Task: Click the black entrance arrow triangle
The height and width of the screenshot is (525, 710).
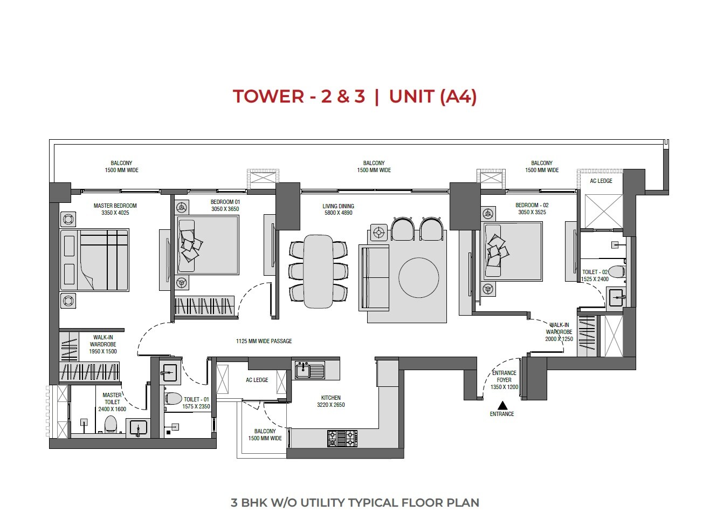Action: point(502,405)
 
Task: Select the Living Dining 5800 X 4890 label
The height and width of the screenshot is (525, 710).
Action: point(337,209)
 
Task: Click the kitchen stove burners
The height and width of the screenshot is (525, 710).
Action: point(342,438)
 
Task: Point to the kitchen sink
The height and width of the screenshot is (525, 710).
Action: point(309,370)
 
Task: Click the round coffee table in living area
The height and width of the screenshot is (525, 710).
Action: point(418,277)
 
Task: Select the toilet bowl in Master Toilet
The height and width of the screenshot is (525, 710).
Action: point(111,424)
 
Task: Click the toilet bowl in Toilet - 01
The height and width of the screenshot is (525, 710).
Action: point(173,399)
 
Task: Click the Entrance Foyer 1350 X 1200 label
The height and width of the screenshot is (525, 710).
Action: point(504,380)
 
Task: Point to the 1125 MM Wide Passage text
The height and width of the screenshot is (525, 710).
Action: point(264,341)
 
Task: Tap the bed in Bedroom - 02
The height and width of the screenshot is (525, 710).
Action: point(513,251)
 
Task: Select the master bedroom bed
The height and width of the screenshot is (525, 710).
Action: point(95,260)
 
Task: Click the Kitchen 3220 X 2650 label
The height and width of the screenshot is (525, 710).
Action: point(330,401)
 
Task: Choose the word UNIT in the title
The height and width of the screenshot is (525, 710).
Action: point(411,97)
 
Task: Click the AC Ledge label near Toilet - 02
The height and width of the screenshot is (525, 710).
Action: point(601,181)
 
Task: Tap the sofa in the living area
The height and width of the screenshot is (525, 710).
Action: point(374,277)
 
